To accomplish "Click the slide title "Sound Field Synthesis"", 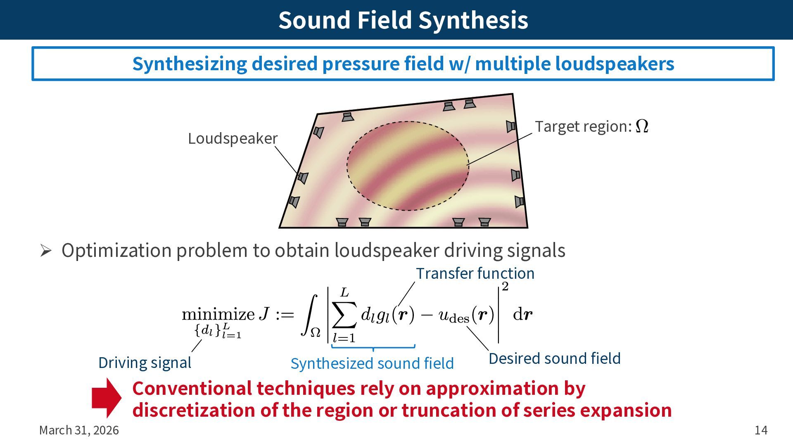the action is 403,20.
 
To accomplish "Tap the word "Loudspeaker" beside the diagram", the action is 233,138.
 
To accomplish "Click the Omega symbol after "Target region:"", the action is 642,126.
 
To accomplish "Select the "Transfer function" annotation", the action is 475,273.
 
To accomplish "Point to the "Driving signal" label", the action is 145,363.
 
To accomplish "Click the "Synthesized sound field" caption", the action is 372,363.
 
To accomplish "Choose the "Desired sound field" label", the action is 554,358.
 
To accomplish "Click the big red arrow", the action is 107,398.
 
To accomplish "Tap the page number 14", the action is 761,430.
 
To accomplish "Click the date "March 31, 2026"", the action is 79,430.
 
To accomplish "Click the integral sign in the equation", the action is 310,315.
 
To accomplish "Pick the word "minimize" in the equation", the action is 218,315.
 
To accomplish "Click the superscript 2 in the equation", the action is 505,287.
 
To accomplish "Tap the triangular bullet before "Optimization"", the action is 45,251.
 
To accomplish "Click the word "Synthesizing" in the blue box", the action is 190,64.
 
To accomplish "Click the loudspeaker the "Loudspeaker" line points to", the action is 303,178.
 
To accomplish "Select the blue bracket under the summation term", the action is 373,348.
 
